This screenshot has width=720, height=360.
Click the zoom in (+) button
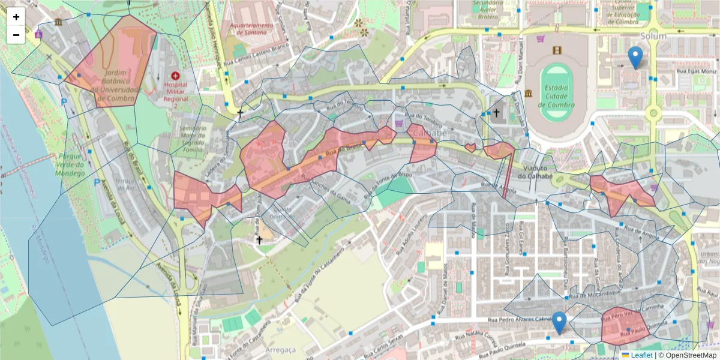click(x=16, y=17)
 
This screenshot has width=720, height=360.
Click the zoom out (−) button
click(x=16, y=35)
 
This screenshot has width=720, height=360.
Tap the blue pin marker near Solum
click(x=635, y=58)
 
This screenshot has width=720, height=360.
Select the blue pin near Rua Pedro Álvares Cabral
click(x=559, y=323)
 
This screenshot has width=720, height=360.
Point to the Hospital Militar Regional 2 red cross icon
click(x=175, y=76)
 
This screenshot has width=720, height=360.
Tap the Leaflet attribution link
click(x=641, y=355)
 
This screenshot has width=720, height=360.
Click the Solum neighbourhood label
click(x=653, y=36)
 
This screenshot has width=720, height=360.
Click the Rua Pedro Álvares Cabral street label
click(x=520, y=320)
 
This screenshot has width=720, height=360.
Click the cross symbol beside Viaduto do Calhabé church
click(x=497, y=113)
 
